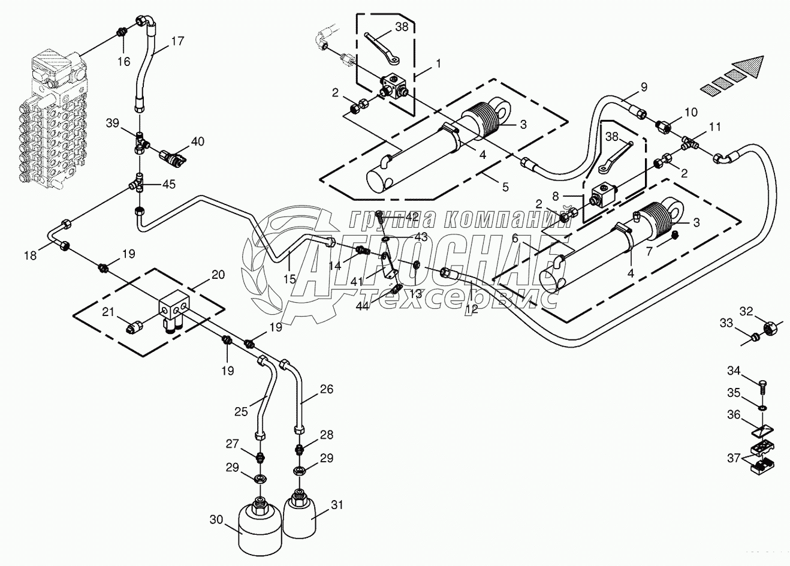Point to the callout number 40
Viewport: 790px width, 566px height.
(197, 141)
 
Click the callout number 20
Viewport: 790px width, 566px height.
(218, 275)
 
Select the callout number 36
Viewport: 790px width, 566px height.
(734, 415)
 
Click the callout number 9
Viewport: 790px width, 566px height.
(644, 86)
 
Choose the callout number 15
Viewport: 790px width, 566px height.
(290, 261)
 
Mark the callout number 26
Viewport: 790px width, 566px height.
(326, 389)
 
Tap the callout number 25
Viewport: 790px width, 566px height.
(241, 411)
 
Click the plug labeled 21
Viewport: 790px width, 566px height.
(135, 327)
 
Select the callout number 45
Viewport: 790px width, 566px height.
(169, 184)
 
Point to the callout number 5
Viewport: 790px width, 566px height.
(505, 187)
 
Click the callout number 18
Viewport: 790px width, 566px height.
(30, 255)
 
